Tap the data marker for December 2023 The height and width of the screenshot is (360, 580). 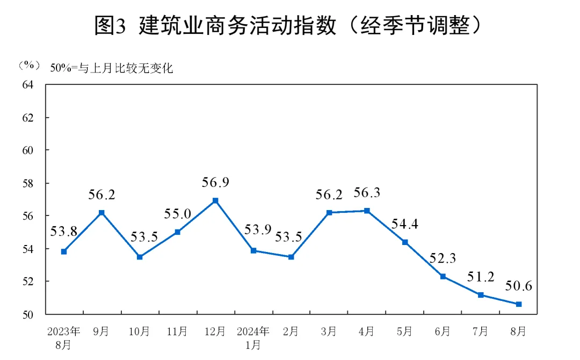tap(215, 200)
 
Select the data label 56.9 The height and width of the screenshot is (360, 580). tap(215, 183)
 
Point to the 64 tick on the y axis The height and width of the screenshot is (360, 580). tap(28, 84)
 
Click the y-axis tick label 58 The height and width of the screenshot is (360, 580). tap(28, 183)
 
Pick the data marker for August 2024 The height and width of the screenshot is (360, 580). tap(518, 304)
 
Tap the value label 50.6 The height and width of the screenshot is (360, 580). tap(518, 286)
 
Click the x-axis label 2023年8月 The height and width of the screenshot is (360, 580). tap(63, 336)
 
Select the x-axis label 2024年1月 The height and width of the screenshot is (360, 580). tap(253, 336)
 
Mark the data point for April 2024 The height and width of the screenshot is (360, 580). tap(367, 211)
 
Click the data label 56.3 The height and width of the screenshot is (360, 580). tap(367, 193)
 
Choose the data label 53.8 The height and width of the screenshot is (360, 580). tap(64, 232)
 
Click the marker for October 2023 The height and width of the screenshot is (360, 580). tap(140, 257)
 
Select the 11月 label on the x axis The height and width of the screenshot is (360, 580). tap(177, 332)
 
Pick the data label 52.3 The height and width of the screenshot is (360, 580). tap(443, 258)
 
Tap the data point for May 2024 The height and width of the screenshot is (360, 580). tap(405, 242)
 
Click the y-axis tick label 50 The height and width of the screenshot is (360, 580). tap(28, 314)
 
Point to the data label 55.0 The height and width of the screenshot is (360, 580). tap(177, 214)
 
